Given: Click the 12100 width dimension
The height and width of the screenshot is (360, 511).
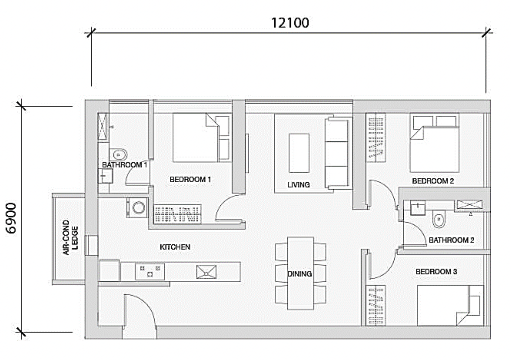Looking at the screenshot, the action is [290, 23].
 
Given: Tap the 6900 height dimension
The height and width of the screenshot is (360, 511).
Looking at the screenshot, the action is [11, 218].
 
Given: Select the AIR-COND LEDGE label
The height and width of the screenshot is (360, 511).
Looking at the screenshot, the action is [70, 237].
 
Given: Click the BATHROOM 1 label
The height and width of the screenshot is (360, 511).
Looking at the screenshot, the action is [124, 165].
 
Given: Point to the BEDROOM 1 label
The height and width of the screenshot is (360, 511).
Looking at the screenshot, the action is [190, 180].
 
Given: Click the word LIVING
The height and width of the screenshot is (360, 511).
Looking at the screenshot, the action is [298, 185].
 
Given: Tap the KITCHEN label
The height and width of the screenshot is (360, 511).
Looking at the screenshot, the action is [175, 247].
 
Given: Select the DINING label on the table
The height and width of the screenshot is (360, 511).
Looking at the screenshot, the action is [300, 274].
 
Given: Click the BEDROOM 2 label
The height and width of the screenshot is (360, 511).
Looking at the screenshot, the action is [433, 181].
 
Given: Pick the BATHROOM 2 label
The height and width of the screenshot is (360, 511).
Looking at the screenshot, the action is [452, 240].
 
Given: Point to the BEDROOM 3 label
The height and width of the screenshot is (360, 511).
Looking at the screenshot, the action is [436, 272].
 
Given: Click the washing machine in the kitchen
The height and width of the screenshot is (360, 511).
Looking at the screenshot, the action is [138, 208].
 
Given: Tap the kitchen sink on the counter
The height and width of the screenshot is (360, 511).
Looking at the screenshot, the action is [206, 272].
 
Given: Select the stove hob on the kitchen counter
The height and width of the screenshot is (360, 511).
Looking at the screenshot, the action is [150, 272].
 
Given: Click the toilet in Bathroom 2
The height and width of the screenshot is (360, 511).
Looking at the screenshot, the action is [439, 219].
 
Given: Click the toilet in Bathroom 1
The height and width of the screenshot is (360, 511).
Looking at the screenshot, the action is [118, 155].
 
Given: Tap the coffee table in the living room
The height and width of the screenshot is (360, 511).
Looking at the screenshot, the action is [299, 153].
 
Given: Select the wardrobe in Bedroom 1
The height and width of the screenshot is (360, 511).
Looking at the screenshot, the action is [177, 214].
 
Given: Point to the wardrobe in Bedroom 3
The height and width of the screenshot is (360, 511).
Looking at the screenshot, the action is [376, 306].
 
